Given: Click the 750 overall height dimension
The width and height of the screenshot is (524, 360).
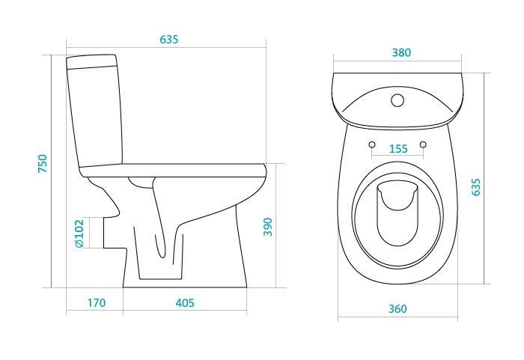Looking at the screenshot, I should pyautogui.click(x=43, y=165).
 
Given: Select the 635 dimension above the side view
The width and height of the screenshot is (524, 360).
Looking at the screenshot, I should pyautogui.click(x=169, y=40).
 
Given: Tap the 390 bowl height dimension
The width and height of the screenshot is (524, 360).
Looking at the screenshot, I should pyautogui.click(x=268, y=227).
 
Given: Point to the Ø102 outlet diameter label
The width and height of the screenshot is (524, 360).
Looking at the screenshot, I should pyautogui.click(x=79, y=233).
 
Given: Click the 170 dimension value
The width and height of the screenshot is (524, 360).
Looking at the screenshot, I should pyautogui.click(x=96, y=303).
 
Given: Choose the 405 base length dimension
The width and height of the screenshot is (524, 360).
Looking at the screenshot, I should pyautogui.click(x=185, y=303).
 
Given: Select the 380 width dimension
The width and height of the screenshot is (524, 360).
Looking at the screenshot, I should pyautogui.click(x=402, y=53).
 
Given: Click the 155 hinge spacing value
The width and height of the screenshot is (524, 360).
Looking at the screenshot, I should pyautogui.click(x=398, y=149).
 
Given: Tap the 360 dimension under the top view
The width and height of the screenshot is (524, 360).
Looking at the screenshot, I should pyautogui.click(x=397, y=309).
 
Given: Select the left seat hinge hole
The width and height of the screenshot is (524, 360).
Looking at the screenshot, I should pyautogui.click(x=372, y=144).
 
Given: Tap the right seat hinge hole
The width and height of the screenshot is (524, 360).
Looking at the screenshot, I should pyautogui.click(x=423, y=144).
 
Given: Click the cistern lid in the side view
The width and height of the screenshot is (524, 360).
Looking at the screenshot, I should pyautogui.click(x=92, y=60).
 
